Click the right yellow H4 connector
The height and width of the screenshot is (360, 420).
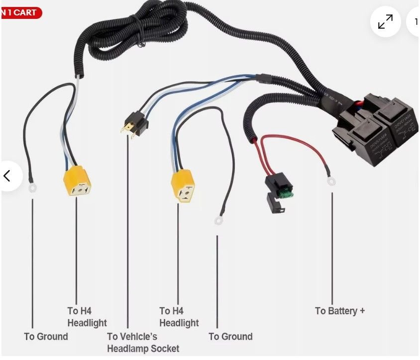point(183,187)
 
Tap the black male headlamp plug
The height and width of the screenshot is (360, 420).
point(134,124)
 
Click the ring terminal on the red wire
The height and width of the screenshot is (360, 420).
point(331,182)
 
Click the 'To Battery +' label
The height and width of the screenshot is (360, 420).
point(339,311)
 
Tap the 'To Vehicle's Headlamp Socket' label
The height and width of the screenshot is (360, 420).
point(142,343)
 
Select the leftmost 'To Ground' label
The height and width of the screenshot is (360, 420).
point(46,337)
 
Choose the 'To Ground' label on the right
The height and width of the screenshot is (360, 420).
point(230,337)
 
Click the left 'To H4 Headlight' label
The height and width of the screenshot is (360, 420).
point(87,317)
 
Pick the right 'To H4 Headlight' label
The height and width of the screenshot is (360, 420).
point(179,317)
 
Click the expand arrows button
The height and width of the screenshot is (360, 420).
point(385,22)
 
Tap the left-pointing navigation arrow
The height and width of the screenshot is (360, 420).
point(7,176)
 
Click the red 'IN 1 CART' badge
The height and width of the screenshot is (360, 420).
point(20,12)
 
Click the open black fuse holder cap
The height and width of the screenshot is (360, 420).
point(275,202)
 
